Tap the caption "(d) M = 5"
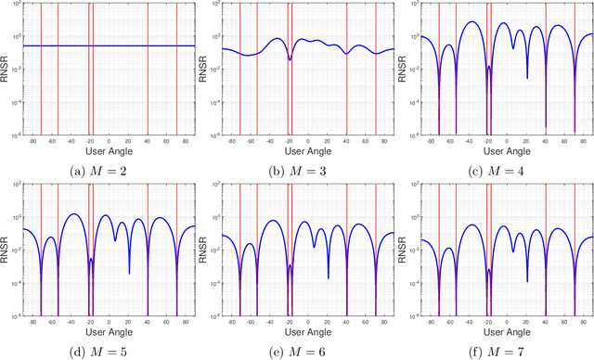(x=108, y=350)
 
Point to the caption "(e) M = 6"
(x=306, y=350)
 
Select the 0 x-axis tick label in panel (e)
(x=307, y=323)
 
